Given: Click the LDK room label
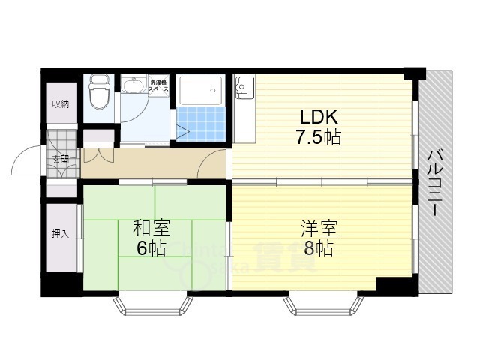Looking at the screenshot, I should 320,118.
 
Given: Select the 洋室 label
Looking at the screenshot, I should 319,226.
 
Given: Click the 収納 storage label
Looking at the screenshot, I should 60,104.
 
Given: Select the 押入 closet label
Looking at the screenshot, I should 60,233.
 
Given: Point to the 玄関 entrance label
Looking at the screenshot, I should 60,158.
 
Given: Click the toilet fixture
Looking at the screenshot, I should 98,93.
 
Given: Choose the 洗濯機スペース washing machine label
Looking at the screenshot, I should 158,86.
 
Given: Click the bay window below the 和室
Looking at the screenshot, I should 153,304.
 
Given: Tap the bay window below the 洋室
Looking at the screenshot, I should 322,304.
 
